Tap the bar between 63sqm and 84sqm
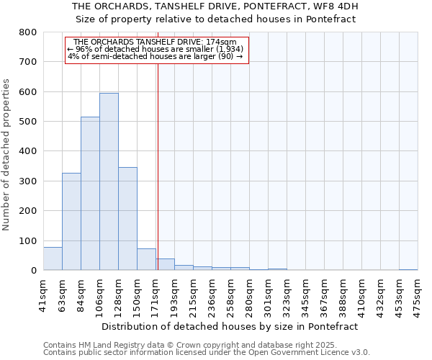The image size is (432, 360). point(71,221)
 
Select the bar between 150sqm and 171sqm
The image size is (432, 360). point(146,259)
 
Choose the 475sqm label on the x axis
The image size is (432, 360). point(418,295)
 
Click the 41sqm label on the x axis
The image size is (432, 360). point(44,295)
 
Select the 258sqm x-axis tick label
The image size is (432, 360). point(231,295)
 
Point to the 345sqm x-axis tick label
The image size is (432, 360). point(306,295)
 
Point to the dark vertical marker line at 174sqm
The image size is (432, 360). point(158,166)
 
